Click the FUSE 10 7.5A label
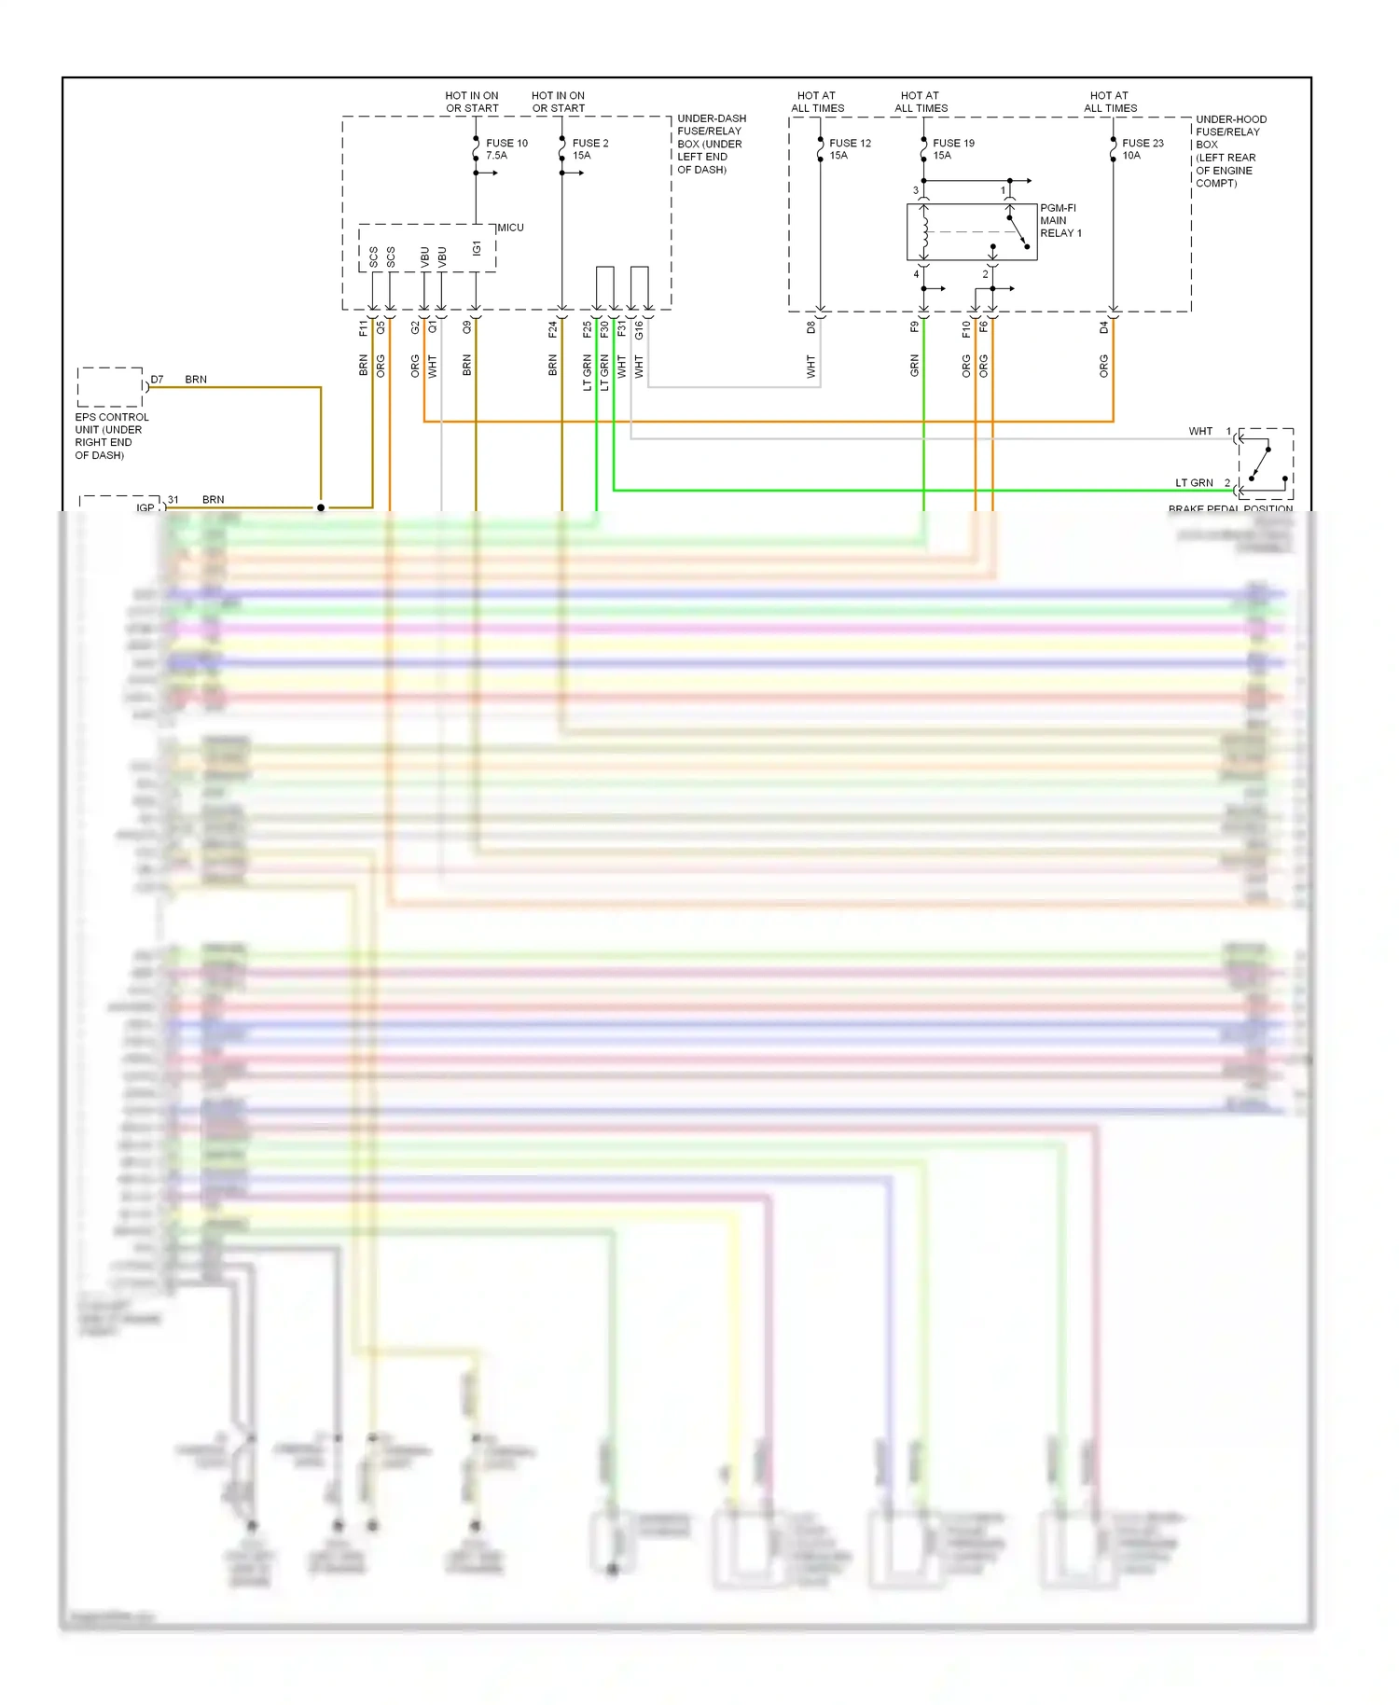506,149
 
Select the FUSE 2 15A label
589,149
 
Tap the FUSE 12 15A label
850,149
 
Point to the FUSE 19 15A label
953,149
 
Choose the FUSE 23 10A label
1143,149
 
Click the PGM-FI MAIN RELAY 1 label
1060,221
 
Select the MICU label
510,228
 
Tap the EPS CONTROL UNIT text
111,436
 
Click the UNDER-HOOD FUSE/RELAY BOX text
1230,151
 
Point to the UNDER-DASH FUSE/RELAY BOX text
711,144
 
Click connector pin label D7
157,380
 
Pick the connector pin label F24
552,328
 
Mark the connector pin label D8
811,327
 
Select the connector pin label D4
1103,327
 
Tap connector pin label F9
914,327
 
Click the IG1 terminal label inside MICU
476,248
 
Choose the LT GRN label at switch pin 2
1194,483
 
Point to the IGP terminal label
145,507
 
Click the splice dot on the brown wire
321,508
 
